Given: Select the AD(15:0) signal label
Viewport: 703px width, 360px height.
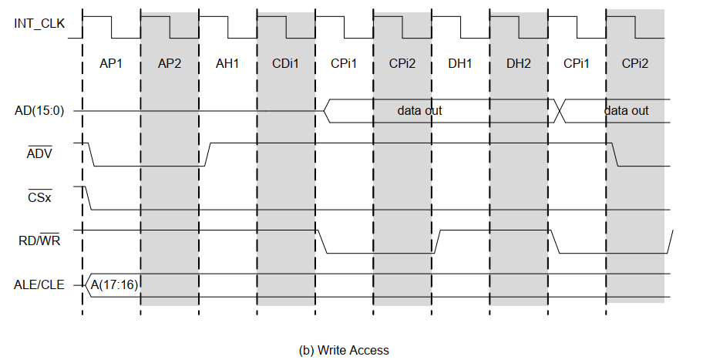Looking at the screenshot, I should coord(39,111).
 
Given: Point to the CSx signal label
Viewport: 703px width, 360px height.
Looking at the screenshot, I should coord(39,198).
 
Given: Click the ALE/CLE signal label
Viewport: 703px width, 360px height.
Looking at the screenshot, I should coord(39,285).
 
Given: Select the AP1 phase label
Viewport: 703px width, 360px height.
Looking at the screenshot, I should coord(111,63).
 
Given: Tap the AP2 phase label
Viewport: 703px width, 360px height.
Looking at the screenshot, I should coord(169,63).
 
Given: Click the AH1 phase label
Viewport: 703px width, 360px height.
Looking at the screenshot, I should coord(227,63).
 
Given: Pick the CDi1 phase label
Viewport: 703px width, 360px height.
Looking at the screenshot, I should coord(285,63).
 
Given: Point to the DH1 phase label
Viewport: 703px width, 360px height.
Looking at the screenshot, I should coord(460,63).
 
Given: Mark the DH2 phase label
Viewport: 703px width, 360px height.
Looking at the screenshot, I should coord(519,63).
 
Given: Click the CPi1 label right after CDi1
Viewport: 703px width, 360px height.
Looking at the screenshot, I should coord(344,63).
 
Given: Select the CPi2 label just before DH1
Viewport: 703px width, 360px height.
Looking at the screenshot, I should coord(402,63).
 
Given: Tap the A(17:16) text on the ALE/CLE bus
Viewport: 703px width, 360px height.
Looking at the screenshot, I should coord(114,285).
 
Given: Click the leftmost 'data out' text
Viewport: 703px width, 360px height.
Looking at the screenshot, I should coord(419,111).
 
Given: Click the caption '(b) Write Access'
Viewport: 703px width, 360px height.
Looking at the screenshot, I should coord(344,350).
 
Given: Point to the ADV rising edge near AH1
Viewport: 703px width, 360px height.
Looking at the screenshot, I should coord(207,154).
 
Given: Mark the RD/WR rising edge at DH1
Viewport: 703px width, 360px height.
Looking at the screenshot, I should coord(437,241).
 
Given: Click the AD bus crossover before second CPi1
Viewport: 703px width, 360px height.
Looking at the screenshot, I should coord(561,111).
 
